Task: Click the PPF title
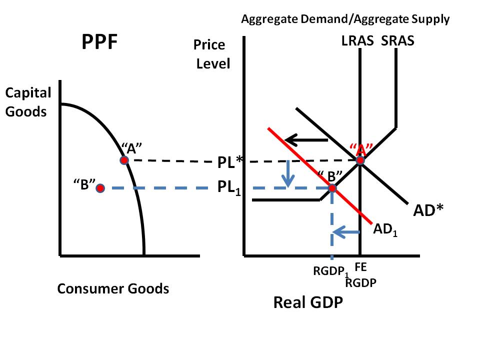pyautogui.click(x=99, y=43)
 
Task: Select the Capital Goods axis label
pyautogui.click(x=28, y=101)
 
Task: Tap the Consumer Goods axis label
pyautogui.click(x=113, y=288)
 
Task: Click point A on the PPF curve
pyautogui.click(x=124, y=160)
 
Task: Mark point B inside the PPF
pyautogui.click(x=100, y=188)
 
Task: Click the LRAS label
pyautogui.click(x=357, y=40)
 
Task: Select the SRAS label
pyautogui.click(x=398, y=40)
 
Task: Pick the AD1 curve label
pyautogui.click(x=385, y=230)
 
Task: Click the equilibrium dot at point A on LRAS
pyautogui.click(x=359, y=160)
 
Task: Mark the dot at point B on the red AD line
pyautogui.click(x=331, y=188)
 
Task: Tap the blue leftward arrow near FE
pyautogui.click(x=346, y=231)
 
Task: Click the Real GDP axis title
pyautogui.click(x=307, y=302)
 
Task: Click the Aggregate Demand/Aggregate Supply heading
pyautogui.click(x=345, y=19)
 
